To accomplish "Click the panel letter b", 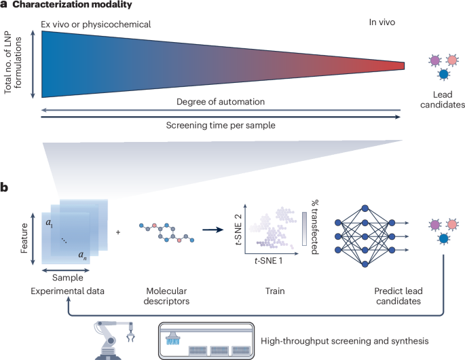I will coord(5,184).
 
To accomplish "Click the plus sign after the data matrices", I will coord(119,232).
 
